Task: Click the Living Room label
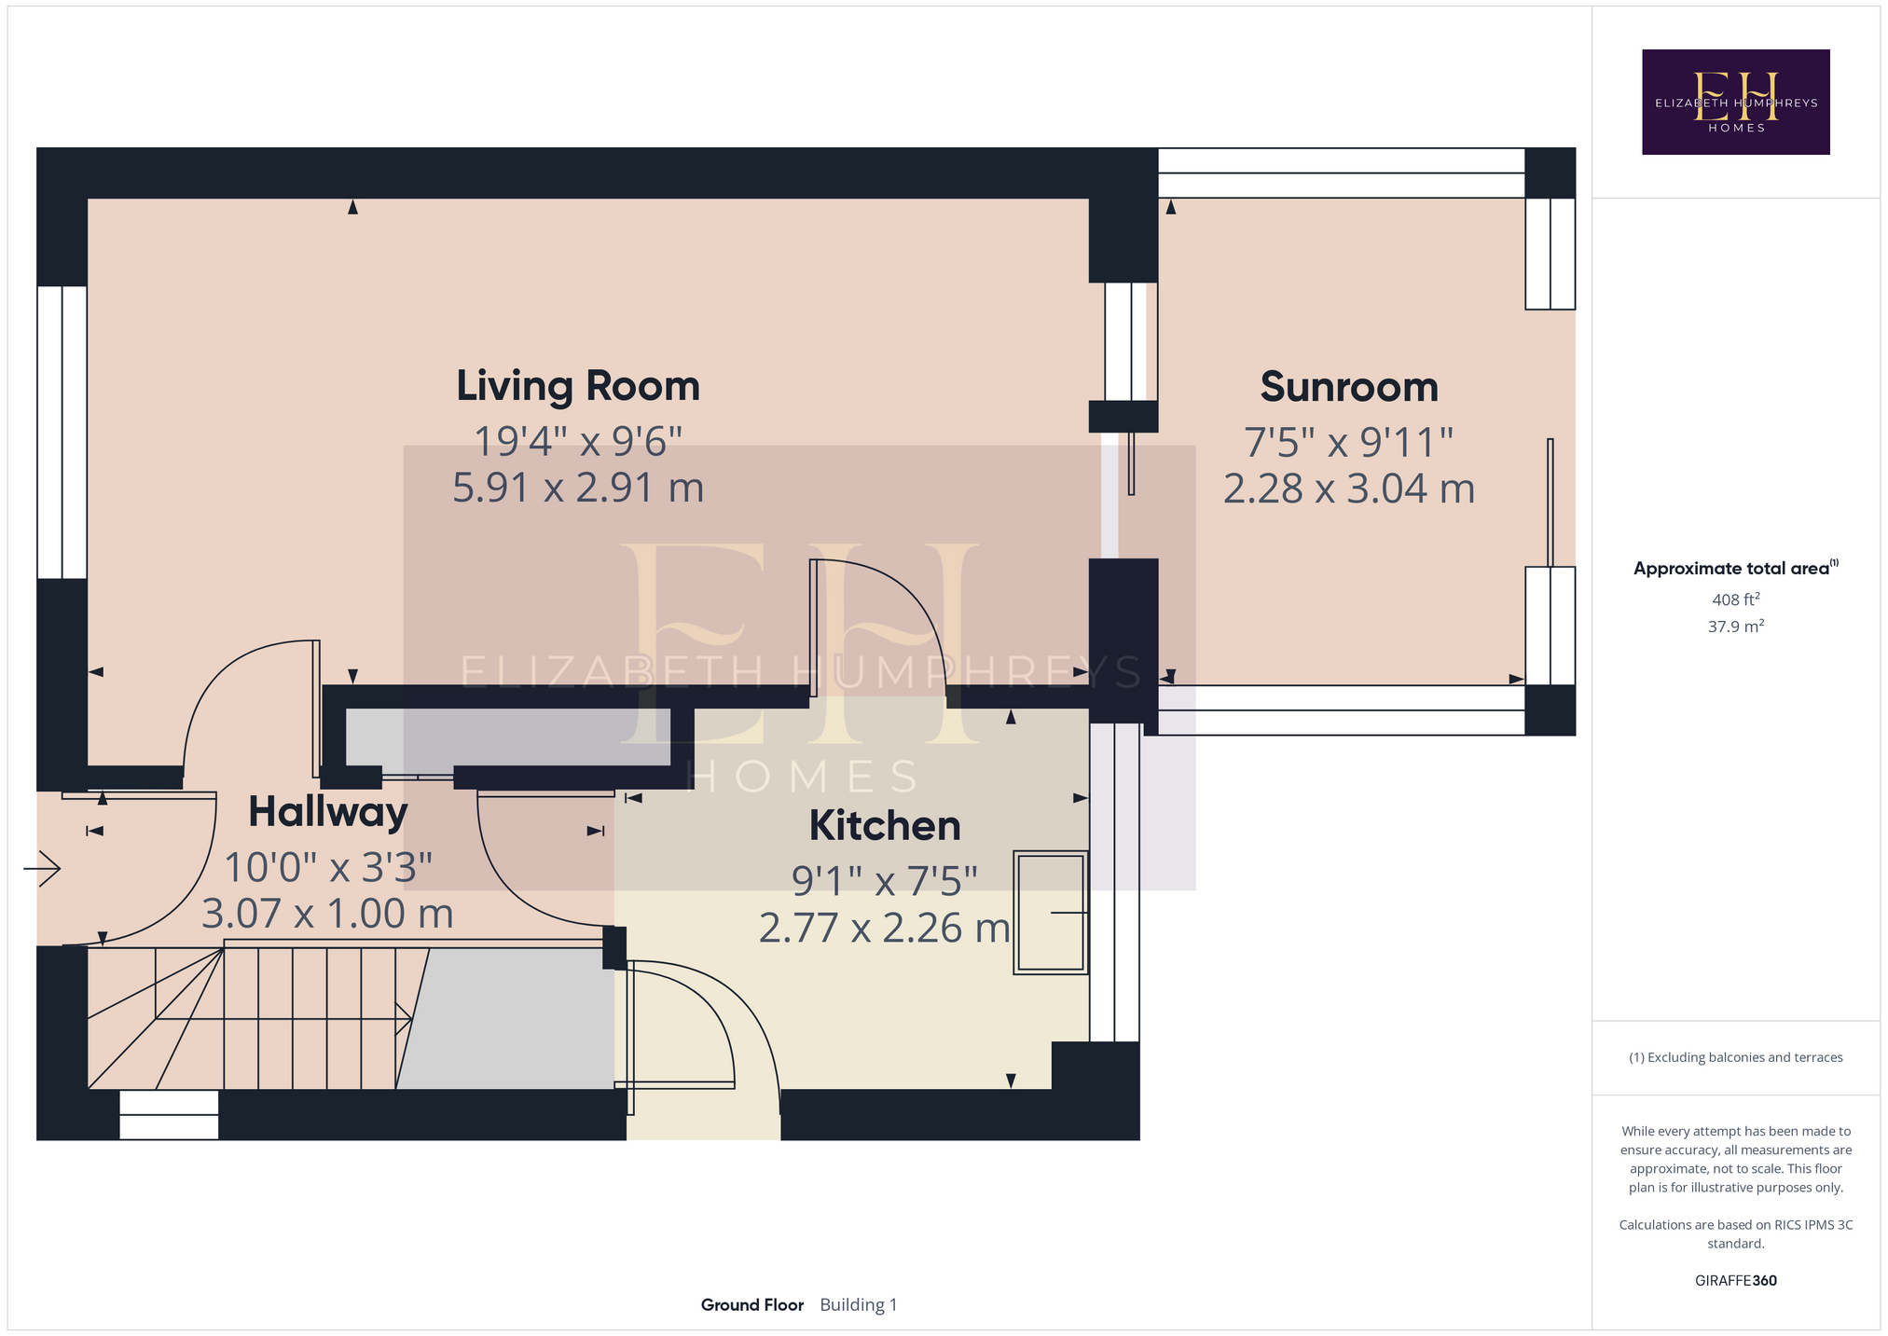pos(578,386)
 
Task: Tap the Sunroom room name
pos(1349,387)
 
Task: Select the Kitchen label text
pos(885,826)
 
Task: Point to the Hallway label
pos(328,812)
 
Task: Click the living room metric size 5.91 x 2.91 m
pos(578,488)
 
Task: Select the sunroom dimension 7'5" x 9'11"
pos(1349,442)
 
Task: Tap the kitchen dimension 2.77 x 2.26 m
pos(885,929)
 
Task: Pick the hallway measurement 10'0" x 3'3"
pos(328,868)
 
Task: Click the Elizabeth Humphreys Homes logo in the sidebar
pos(1735,102)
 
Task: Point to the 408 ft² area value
pos(1736,599)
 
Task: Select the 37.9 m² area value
pos(1736,627)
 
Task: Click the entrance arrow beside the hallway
pos(42,869)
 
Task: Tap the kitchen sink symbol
pos(1051,913)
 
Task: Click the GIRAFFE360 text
pos(1736,1281)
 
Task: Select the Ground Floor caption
pos(752,1305)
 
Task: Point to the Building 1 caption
pos(859,1305)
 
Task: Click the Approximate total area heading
pos(1736,568)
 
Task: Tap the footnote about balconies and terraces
pos(1736,1057)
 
